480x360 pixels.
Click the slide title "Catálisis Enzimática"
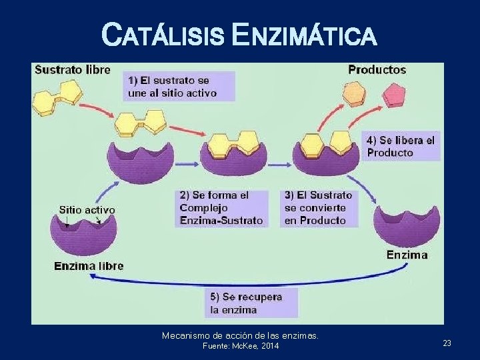point(239,34)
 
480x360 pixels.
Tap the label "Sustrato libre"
point(73,69)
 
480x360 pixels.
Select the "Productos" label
point(377,69)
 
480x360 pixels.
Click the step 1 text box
point(181,86)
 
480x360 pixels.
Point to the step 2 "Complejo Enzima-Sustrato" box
point(221,207)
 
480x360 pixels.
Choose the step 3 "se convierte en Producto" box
point(319,207)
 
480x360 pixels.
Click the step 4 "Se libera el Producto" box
point(402,146)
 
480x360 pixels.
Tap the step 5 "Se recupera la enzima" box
point(251,303)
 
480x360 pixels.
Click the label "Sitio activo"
point(87,209)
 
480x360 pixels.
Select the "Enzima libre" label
point(89,266)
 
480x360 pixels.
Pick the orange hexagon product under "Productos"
point(354,95)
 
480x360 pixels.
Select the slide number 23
point(447,343)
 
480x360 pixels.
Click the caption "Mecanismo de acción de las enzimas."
point(240,335)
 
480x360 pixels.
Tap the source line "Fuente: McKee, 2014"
point(240,346)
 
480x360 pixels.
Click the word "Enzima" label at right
point(407,255)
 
